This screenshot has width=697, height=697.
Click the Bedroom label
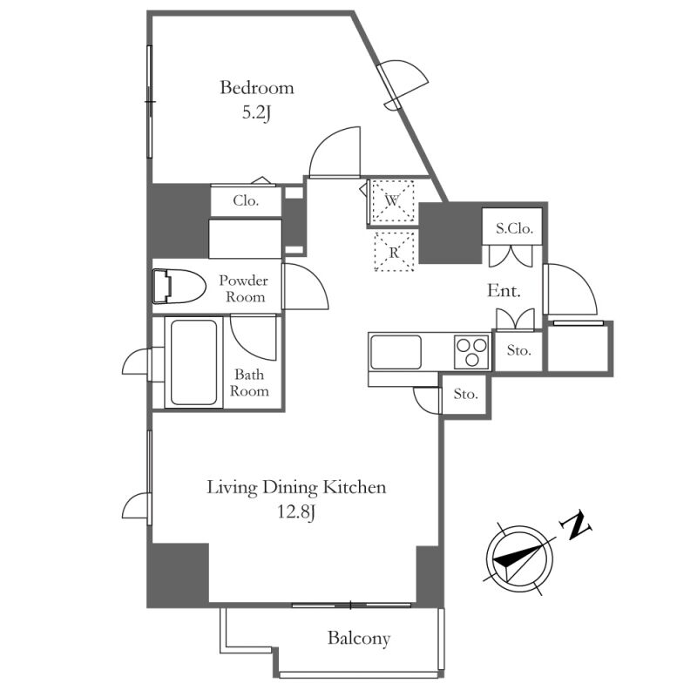point(257,88)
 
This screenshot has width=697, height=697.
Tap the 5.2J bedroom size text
point(256,113)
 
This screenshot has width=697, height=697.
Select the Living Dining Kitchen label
point(296,488)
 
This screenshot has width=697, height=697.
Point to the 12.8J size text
point(296,512)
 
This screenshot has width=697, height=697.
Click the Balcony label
point(359,639)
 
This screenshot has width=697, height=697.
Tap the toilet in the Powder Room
point(179,287)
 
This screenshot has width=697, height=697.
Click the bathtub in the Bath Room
point(193,362)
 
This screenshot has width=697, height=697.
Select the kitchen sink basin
point(396,352)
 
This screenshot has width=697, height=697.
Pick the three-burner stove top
point(471,352)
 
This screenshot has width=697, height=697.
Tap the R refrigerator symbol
point(395,252)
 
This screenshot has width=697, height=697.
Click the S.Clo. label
point(514,228)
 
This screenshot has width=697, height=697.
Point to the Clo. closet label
point(246,201)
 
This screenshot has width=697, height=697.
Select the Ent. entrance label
point(504,291)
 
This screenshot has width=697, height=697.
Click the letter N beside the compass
point(576,526)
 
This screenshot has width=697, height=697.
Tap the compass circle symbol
point(519,557)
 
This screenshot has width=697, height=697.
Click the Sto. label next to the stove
point(518,351)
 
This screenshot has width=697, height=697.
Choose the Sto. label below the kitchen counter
point(466,394)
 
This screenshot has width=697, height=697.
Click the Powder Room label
point(244,288)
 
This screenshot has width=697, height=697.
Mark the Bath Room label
point(249,382)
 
